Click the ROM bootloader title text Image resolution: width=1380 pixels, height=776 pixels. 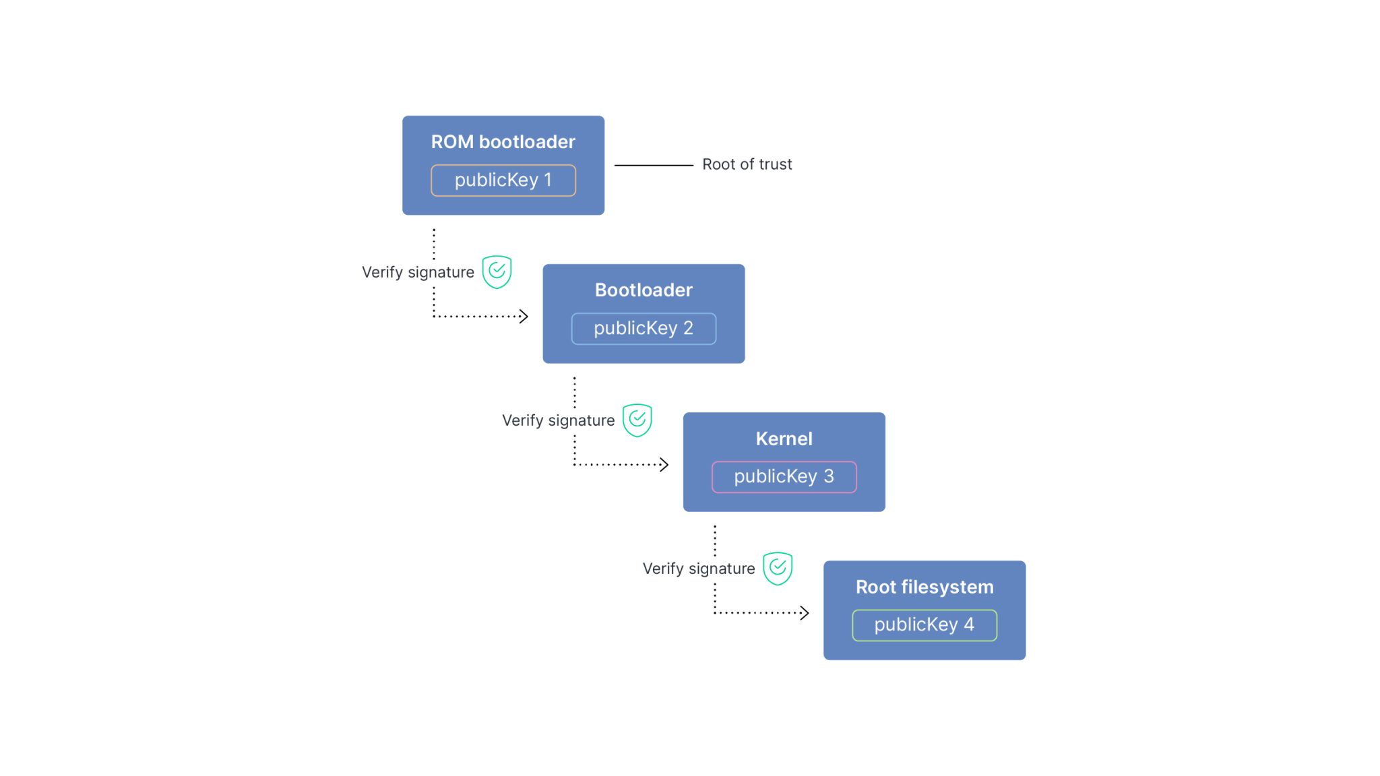503,142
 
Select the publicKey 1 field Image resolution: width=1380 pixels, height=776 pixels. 503,181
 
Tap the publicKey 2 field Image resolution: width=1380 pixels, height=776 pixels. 644,329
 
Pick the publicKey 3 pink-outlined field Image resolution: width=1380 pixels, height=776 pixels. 784,477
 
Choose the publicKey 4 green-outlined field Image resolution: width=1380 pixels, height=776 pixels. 924,625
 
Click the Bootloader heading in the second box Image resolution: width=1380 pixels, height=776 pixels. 644,290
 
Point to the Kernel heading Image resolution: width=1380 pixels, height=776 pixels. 784,439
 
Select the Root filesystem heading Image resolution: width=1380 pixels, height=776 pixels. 924,587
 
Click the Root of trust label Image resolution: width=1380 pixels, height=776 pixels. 747,164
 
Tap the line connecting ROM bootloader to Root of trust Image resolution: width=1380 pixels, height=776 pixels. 653,165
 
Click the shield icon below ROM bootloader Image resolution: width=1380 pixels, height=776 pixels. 497,271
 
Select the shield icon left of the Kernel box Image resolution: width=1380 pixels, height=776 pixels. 637,420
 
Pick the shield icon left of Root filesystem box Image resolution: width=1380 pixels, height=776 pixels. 777,568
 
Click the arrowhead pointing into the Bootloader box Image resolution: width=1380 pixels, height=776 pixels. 524,316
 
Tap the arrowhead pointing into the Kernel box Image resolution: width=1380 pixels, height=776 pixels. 664,464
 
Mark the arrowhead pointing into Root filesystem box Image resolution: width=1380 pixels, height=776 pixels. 804,612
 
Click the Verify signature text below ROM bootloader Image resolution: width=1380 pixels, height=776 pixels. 418,272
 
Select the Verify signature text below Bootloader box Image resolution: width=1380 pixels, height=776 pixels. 558,420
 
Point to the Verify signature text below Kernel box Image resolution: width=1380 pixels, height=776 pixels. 698,569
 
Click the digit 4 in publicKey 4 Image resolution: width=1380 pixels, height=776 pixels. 968,624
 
